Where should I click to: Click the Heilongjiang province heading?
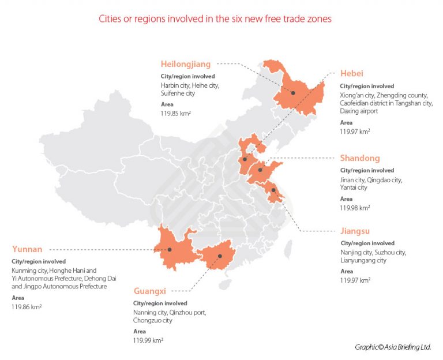click(x=186, y=64)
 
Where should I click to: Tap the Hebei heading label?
click(x=351, y=74)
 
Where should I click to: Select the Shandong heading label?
click(x=360, y=158)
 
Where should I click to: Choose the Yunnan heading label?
click(x=27, y=249)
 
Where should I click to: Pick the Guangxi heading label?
click(x=151, y=291)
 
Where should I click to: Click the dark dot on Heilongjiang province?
click(x=293, y=93)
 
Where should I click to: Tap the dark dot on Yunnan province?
click(x=170, y=249)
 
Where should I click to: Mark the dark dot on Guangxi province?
click(x=220, y=257)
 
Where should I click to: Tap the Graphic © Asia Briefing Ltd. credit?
click(x=393, y=347)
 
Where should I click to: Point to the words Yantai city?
click(x=354, y=187)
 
